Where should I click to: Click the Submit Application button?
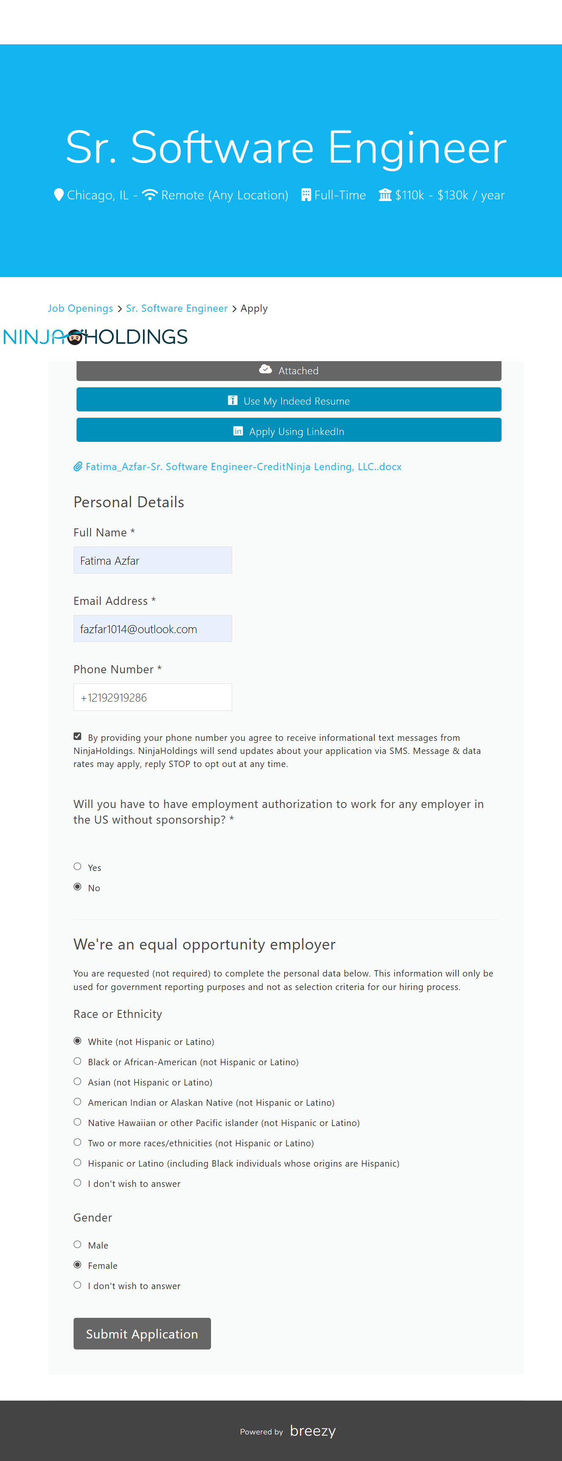click(x=142, y=1333)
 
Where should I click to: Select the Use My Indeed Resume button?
click(x=288, y=400)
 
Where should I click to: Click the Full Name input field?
click(x=152, y=560)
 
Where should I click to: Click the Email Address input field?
click(x=152, y=628)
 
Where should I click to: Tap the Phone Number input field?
click(x=152, y=697)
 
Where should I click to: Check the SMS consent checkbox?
click(x=77, y=736)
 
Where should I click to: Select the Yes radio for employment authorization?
click(x=77, y=866)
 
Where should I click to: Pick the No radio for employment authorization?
click(x=77, y=887)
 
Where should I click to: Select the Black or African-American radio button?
click(x=77, y=1061)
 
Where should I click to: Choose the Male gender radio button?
click(x=77, y=1244)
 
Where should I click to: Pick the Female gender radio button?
click(x=77, y=1265)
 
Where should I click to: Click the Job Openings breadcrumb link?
click(x=80, y=308)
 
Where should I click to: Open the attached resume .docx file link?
click(x=243, y=467)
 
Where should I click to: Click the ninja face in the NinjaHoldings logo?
click(x=75, y=337)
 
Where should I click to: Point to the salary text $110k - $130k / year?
click(x=450, y=195)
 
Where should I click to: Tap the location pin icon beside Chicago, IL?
click(x=58, y=195)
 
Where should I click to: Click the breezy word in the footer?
click(x=313, y=1431)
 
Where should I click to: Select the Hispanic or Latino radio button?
click(x=77, y=1163)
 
